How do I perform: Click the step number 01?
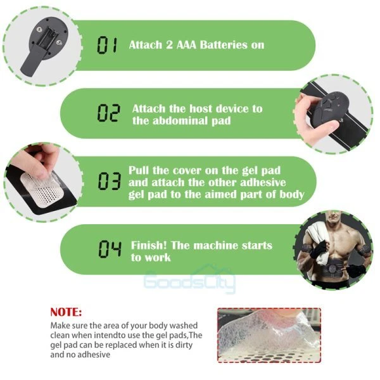(107, 45)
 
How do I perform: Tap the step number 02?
(108, 113)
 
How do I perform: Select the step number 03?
(110, 181)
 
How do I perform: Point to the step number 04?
(110, 249)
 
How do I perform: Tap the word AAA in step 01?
(186, 45)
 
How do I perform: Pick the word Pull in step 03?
(138, 170)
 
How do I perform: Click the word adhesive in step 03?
(263, 182)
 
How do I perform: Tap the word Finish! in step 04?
(149, 245)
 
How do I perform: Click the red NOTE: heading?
(66, 312)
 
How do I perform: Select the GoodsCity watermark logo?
(189, 279)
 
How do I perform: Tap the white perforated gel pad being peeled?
(42, 189)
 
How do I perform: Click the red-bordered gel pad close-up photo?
(269, 335)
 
